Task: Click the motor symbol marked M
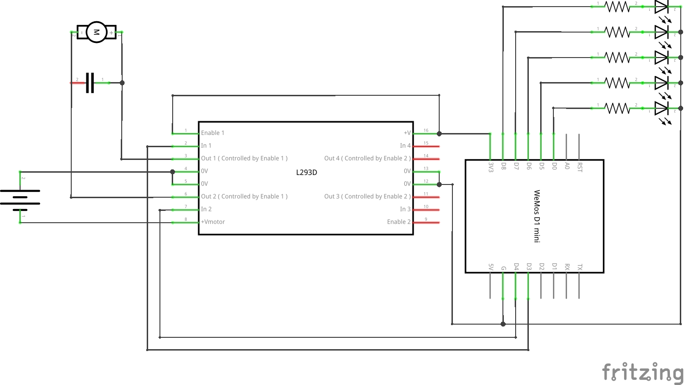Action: pyautogui.click(x=96, y=32)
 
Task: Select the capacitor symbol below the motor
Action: pyautogui.click(x=90, y=83)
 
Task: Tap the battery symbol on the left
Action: pyautogui.click(x=20, y=197)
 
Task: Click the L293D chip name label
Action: pyautogui.click(x=306, y=173)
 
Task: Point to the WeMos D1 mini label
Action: pyautogui.click(x=536, y=216)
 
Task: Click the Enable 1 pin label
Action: pyautogui.click(x=212, y=133)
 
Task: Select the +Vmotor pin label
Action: pyautogui.click(x=213, y=222)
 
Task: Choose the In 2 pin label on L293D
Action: pyautogui.click(x=206, y=209)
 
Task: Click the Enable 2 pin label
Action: pyautogui.click(x=399, y=222)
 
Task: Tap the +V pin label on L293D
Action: pyautogui.click(x=407, y=133)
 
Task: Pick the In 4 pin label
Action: pyautogui.click(x=405, y=146)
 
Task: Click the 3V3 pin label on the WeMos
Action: pyautogui.click(x=491, y=167)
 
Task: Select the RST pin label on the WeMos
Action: pyautogui.click(x=580, y=167)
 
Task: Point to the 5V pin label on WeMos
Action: pyautogui.click(x=491, y=268)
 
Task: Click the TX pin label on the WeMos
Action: pyautogui.click(x=580, y=267)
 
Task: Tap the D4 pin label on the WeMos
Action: pyautogui.click(x=516, y=268)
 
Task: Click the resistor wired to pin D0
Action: pyautogui.click(x=617, y=108)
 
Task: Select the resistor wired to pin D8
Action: pyautogui.click(x=617, y=7)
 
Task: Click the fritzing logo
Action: pyautogui.click(x=642, y=372)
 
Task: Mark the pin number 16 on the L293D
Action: pyautogui.click(x=426, y=131)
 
